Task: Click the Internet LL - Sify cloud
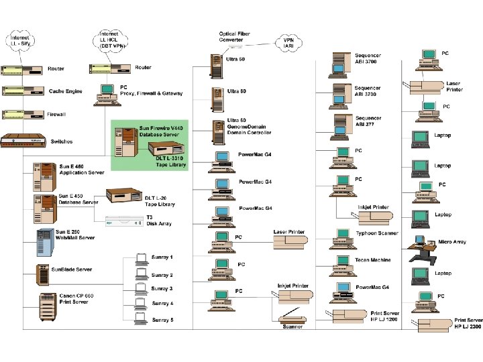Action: tap(23, 40)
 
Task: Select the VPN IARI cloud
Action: tap(288, 44)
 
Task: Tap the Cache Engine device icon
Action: tap(23, 91)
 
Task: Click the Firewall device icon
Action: tap(23, 115)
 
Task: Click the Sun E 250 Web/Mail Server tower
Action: tap(45, 242)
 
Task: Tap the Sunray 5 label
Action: tap(162, 320)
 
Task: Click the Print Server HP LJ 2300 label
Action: tap(468, 323)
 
